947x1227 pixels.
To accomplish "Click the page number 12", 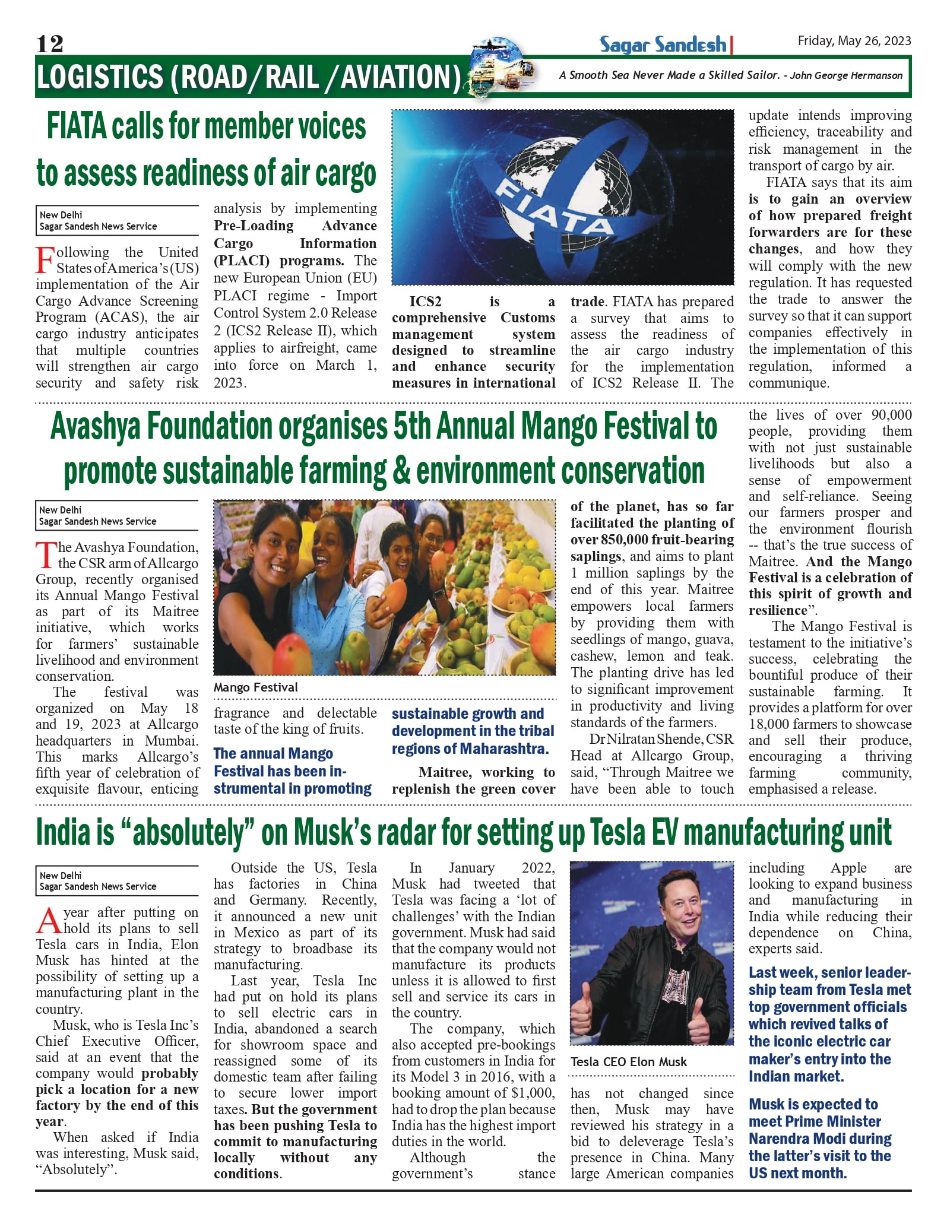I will coord(49,44).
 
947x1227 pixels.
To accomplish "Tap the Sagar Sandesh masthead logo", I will coord(663,45).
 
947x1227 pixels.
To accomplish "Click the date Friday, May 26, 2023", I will coord(854,40).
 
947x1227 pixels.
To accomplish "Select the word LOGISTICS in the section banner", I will coord(100,77).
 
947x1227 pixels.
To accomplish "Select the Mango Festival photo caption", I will coord(256,687).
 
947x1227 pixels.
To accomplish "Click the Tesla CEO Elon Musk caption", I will coord(628,1061).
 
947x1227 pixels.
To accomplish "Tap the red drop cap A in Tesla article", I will coord(48,921).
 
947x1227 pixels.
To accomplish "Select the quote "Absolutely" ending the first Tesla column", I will coord(76,1169).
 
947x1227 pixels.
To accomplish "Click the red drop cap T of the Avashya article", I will coord(46,556).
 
